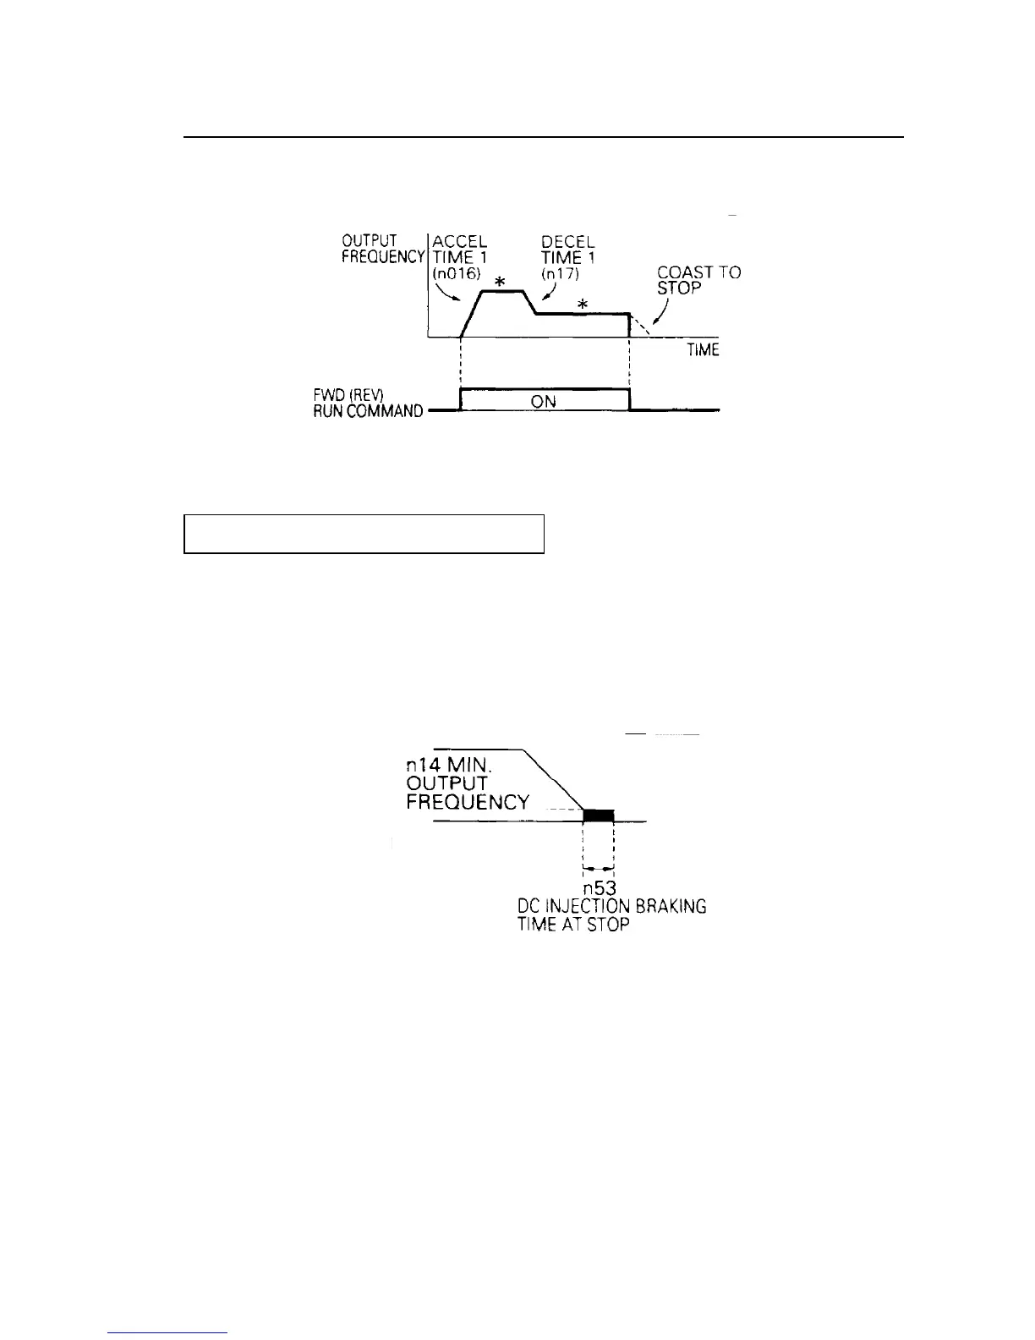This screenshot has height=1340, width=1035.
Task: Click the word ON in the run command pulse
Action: [x=544, y=402]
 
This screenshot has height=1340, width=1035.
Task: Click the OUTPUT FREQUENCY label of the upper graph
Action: [x=382, y=250]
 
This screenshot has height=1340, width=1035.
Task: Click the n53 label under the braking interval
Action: [x=599, y=889]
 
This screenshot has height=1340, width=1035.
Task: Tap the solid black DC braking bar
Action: [x=599, y=816]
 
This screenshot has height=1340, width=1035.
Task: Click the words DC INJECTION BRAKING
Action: [x=612, y=907]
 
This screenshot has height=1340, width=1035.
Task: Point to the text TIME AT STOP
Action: [x=573, y=924]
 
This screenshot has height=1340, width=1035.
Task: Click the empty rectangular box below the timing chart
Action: [x=364, y=533]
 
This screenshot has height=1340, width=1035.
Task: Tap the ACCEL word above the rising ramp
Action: [x=459, y=242]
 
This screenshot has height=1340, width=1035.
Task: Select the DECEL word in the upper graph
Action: [x=568, y=242]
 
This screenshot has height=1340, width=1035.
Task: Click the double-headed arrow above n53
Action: [x=599, y=868]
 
